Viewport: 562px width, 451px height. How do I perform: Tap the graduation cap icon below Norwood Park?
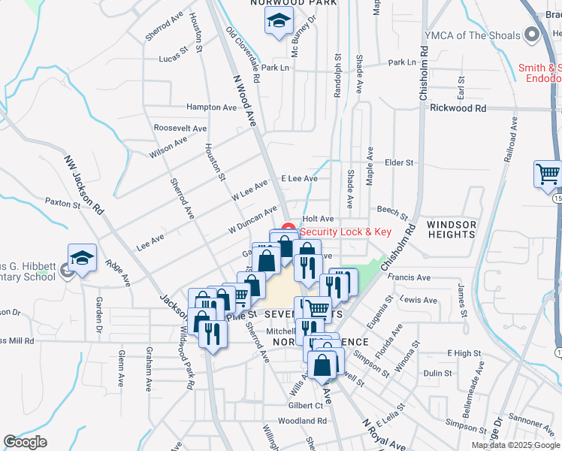279,22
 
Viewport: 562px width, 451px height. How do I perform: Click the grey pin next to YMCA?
533,35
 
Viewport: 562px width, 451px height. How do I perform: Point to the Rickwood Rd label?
458,108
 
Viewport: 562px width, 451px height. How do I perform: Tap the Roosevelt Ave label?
180,129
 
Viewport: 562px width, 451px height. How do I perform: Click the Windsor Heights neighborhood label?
451,230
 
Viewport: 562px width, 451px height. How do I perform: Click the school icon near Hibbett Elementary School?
82,258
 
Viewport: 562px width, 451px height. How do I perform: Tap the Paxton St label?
62,203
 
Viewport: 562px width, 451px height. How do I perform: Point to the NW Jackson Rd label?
83,185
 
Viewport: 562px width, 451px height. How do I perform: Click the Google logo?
26,442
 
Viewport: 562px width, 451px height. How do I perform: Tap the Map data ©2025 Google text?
515,445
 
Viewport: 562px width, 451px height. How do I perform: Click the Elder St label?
399,162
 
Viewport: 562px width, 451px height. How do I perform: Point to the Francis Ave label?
410,277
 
